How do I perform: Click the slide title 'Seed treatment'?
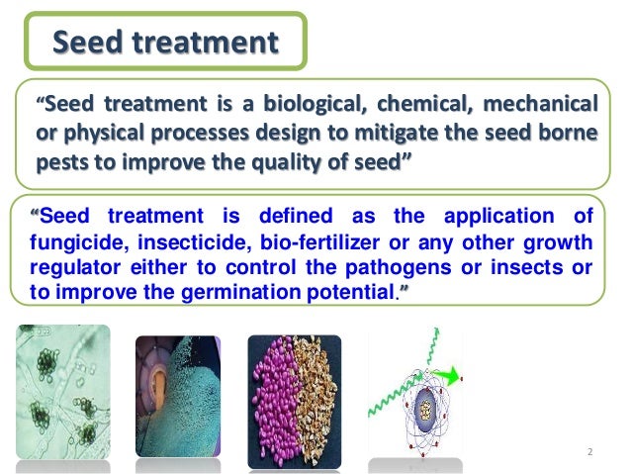click(x=165, y=43)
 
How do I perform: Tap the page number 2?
click(x=589, y=453)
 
